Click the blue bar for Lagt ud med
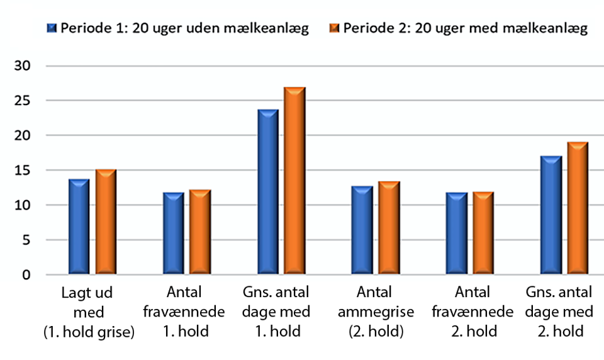pyautogui.click(x=79, y=227)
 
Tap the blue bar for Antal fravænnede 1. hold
pyautogui.click(x=174, y=233)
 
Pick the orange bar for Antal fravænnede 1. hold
pyautogui.click(x=200, y=232)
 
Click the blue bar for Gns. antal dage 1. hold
pyautogui.click(x=268, y=192)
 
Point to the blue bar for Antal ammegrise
pyautogui.click(x=362, y=230)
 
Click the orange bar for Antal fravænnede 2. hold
pyautogui.click(x=483, y=233)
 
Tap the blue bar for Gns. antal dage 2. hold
pyautogui.click(x=551, y=215)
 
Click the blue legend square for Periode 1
pyautogui.click(x=52, y=28)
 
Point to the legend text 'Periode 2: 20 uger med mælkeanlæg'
pyautogui.click(x=466, y=28)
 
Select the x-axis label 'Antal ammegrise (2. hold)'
pyautogui.click(x=375, y=312)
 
